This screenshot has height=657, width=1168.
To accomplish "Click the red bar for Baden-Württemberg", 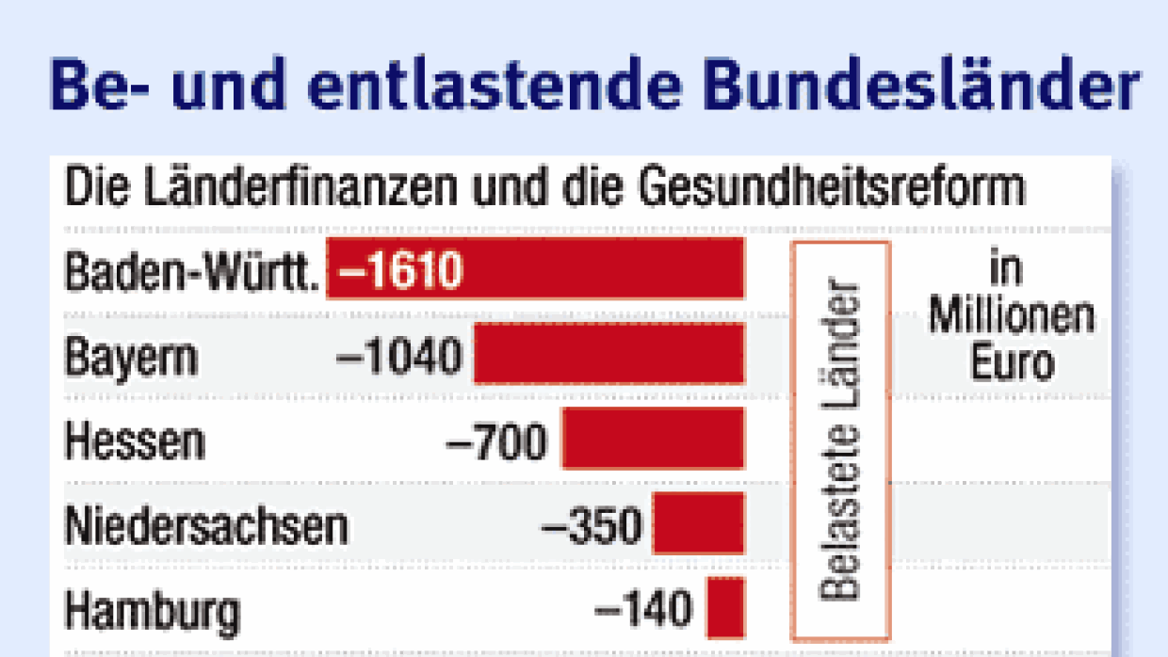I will (603, 269).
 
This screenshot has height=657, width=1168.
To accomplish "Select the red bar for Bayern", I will (608, 354).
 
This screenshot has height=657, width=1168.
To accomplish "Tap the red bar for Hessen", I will (653, 439).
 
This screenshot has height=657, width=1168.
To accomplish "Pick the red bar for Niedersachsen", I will (698, 523).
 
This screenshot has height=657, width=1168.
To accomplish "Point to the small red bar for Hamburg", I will (725, 608).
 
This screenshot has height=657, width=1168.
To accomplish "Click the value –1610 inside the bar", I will (401, 271).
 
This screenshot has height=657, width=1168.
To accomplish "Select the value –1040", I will (400, 356).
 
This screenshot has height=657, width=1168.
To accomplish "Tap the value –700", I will (495, 441).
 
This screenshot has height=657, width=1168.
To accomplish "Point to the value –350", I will (591, 526).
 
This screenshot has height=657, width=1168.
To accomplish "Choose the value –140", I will (643, 611).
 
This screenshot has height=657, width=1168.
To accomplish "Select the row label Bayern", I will (132, 358).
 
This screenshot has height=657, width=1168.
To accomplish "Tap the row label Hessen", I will (135, 441).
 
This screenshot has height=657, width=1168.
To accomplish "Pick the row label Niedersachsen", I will (206, 526).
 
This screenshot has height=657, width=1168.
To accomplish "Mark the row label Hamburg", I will (152, 613).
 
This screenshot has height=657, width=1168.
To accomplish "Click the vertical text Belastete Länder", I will (841, 441).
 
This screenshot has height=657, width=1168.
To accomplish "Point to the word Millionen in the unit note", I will (1012, 317).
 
